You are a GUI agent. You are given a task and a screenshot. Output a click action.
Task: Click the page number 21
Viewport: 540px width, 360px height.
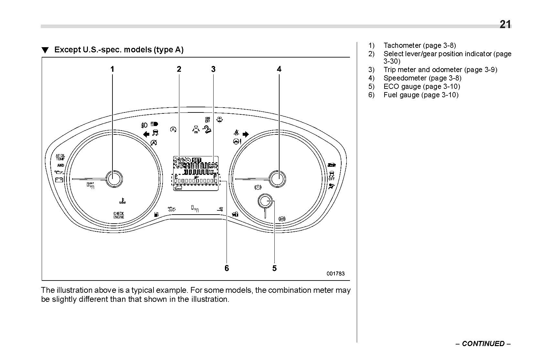coord(505,25)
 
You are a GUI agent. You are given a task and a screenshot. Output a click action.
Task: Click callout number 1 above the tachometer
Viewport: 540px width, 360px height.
coord(112,69)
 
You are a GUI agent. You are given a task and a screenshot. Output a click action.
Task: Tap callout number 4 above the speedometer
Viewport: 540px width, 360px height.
coord(279,69)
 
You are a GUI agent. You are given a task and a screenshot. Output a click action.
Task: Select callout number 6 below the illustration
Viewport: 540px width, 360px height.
coord(227,268)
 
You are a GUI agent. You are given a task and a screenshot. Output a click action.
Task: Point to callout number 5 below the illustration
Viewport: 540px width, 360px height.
coord(274,268)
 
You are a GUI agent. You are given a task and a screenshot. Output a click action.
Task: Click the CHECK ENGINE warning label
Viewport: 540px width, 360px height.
coord(119,215)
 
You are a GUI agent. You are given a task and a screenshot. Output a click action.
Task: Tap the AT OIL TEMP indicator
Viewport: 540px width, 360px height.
coord(60,157)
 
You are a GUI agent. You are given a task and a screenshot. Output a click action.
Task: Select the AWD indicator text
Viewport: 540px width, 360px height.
coord(60,165)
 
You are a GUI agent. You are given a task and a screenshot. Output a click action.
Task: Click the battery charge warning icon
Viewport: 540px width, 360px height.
coord(59,180)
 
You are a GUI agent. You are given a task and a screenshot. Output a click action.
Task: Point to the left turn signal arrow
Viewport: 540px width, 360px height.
coord(146,134)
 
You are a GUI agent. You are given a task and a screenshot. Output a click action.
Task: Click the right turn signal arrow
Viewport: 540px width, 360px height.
coord(246,134)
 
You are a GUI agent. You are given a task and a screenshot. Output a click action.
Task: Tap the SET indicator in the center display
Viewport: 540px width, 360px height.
coord(196,160)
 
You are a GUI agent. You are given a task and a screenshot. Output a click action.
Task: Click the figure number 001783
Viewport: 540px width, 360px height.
coord(335,273)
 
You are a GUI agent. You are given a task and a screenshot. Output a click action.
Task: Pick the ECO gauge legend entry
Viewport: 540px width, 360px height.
coord(421,86)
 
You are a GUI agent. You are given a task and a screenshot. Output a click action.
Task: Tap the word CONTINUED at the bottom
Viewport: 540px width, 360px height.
coord(483,344)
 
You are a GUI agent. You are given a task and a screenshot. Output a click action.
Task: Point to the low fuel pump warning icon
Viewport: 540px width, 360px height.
coord(157,214)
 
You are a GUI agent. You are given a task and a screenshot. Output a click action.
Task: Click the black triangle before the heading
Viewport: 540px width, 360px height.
coord(45,50)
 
